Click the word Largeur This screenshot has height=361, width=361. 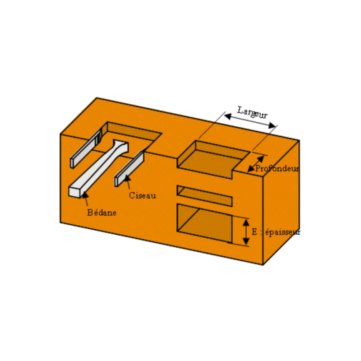tap(253, 112)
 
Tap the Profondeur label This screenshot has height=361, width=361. tap(277, 169)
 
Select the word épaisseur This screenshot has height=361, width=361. tap(282, 232)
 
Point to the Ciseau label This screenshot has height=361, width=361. tap(142, 195)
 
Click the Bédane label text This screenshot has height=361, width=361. tap(102, 213)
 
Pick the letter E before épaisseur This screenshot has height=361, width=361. tap(255, 232)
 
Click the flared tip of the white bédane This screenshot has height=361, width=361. tap(121, 146)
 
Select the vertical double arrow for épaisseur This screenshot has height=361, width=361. tap(245, 232)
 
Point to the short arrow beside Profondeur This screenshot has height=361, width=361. tap(255, 163)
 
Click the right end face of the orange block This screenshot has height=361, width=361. tap(281, 203)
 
